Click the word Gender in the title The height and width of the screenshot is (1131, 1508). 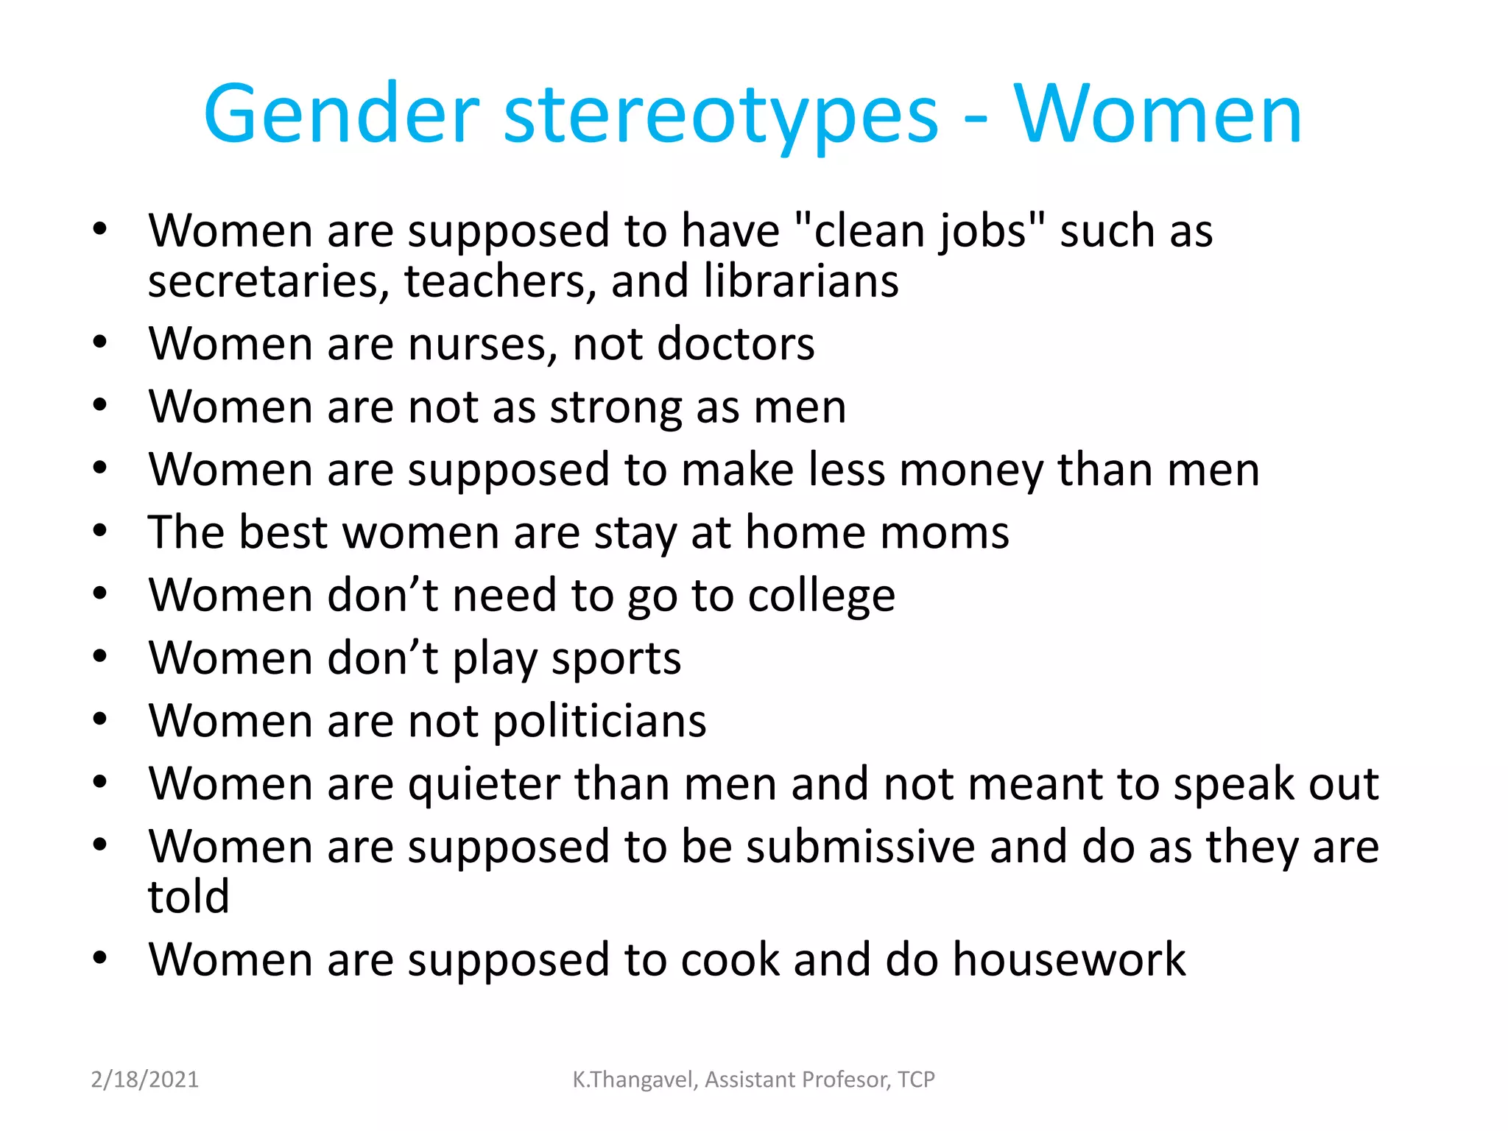click(x=342, y=115)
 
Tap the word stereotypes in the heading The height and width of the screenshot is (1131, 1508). click(x=721, y=118)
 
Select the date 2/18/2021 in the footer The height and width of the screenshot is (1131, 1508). click(x=145, y=1079)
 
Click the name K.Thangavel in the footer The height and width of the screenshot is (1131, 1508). click(x=634, y=1079)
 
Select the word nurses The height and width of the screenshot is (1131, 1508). click(x=482, y=345)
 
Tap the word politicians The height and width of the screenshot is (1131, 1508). click(x=599, y=722)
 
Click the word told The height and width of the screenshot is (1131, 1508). click(x=188, y=897)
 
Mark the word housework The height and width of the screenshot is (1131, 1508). click(x=1069, y=960)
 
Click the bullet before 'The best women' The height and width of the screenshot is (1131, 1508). click(x=100, y=530)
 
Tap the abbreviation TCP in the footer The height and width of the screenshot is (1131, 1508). click(x=916, y=1079)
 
